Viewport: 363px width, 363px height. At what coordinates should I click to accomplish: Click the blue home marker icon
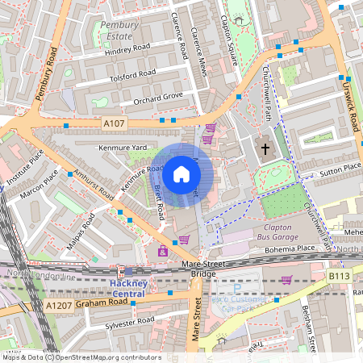coord(181,173)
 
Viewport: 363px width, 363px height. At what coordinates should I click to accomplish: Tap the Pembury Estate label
coord(119,31)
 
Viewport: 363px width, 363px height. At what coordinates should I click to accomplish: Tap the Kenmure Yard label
coord(122,148)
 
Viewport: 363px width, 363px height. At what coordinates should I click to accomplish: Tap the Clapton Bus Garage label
coord(272,231)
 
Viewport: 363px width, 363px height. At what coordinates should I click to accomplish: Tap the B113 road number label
coord(340,275)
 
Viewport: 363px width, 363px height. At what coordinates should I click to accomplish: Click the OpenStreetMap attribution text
coord(81,357)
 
